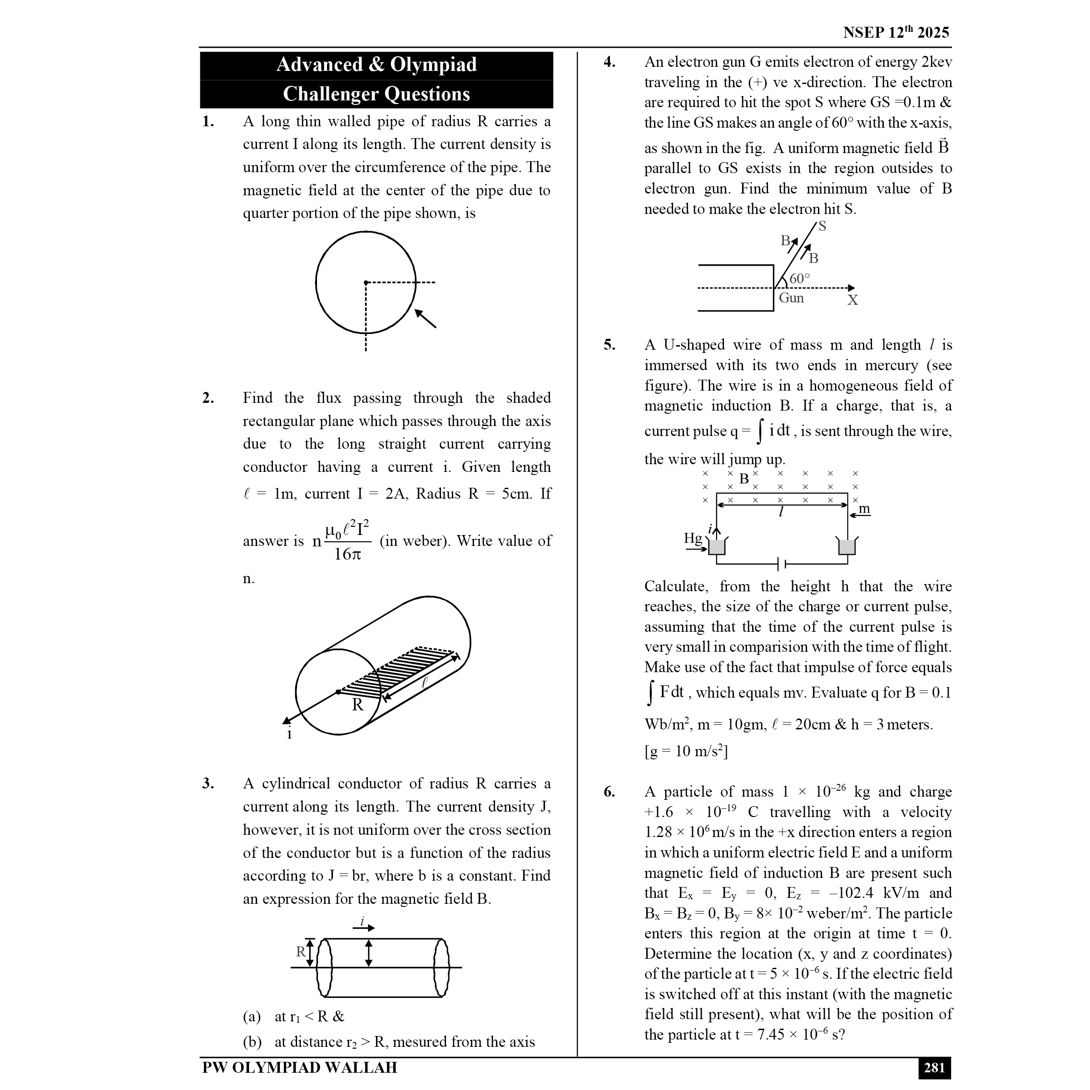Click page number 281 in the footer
934,1068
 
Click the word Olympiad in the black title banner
433,64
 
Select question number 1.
208,121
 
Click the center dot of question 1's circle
366,282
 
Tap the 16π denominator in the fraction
347,554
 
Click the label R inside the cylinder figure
358,705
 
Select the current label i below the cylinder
289,734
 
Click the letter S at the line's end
822,226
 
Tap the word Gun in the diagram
791,298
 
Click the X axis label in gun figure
852,300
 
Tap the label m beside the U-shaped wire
864,508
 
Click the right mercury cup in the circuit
847,546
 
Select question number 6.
609,792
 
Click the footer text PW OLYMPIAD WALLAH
300,1068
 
